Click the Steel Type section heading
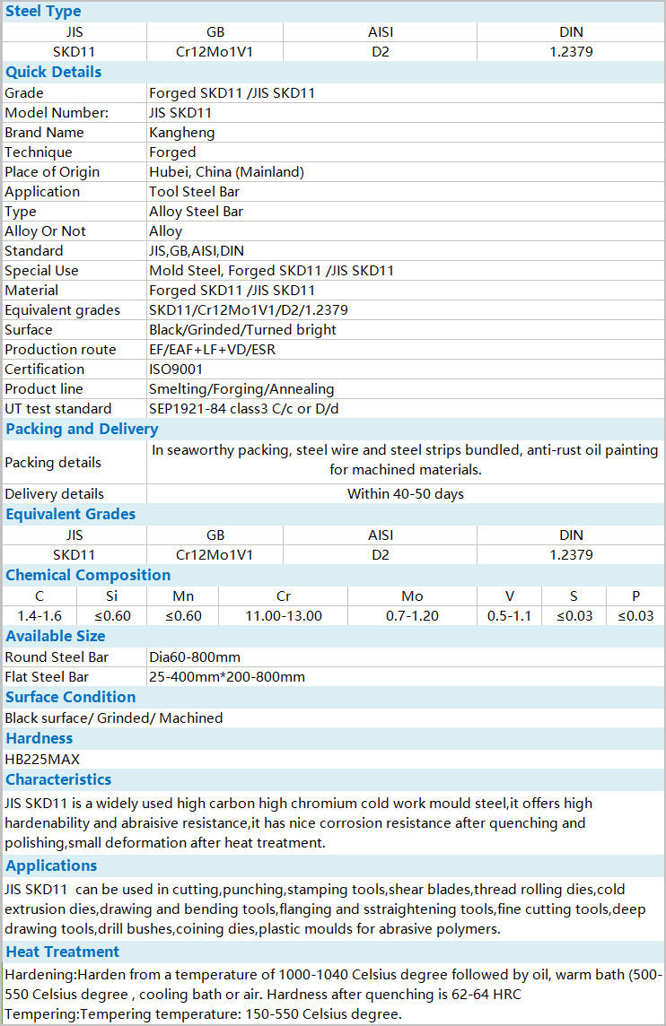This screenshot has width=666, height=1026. pos(43,12)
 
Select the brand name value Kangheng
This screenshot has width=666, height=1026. pos(181,133)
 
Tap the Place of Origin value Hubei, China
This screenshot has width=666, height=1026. pos(226,172)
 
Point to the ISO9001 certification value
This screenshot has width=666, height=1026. pos(176,370)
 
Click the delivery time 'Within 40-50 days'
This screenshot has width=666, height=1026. pos(406,494)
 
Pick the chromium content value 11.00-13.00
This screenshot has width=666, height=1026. pos(284,616)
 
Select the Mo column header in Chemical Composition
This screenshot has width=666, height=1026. pos(412,596)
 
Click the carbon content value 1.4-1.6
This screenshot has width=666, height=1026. pos(39,616)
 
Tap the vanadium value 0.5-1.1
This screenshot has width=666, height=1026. pos(509,616)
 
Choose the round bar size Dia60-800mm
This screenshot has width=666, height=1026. pos(195,657)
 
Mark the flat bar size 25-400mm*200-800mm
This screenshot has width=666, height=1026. pos(227,677)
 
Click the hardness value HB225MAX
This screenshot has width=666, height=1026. pos(42,760)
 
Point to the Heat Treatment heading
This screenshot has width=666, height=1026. pos(62,952)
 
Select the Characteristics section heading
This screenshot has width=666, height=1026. pos(58,779)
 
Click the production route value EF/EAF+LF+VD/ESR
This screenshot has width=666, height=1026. pos(212,350)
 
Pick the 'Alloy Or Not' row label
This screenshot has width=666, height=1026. pos(46,231)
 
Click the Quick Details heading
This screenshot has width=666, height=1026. pos(53,72)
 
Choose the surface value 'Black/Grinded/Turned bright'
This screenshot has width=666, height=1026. pos(242,330)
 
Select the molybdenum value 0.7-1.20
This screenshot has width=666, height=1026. pos(412,616)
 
